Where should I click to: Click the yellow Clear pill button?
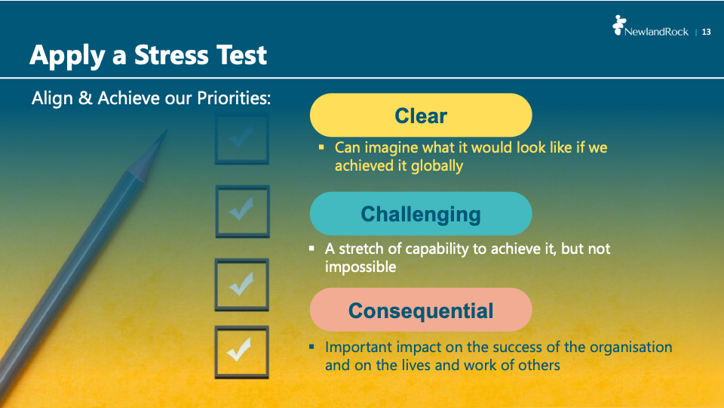point(421,115)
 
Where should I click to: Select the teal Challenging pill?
point(421,214)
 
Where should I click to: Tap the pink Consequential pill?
point(421,310)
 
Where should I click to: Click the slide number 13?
point(706,32)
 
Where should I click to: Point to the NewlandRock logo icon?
point(618,25)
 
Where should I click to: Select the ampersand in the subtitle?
point(85,98)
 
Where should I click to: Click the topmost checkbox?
point(242,139)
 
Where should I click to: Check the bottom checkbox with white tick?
point(241,352)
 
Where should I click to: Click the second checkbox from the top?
point(242,212)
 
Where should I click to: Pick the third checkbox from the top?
point(241,285)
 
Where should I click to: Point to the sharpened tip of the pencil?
point(165,131)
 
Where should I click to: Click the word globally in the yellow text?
point(437,166)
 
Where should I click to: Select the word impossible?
point(360,267)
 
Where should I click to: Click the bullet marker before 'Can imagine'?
point(321,147)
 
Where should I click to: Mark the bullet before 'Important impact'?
point(311,346)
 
